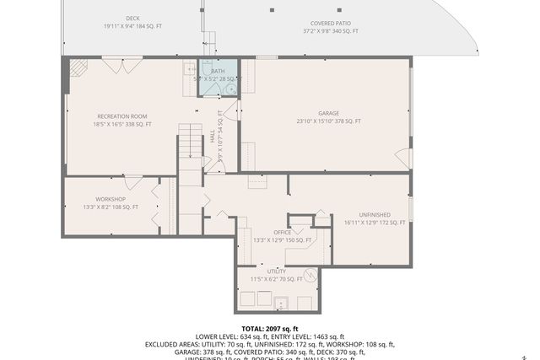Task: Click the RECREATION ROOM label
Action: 122,116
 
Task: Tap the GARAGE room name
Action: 328,112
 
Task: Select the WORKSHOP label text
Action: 110,199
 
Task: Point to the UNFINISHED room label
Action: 375,214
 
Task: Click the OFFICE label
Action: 282,232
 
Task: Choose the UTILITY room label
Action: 277,271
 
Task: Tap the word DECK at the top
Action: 132,18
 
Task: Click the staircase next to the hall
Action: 191,152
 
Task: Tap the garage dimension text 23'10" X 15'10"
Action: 328,121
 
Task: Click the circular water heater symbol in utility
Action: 310,274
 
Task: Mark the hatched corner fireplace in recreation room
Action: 76,67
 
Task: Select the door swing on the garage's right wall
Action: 403,159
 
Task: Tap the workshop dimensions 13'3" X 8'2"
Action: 110,207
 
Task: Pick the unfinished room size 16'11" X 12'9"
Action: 375,223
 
